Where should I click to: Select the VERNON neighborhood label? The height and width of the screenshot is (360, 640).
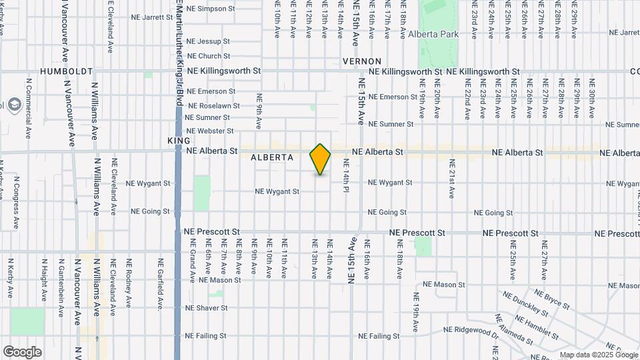361,61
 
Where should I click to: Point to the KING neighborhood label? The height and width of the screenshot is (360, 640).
179,141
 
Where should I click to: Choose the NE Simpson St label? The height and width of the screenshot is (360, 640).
211,9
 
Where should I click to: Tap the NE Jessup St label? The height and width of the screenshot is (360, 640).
209,41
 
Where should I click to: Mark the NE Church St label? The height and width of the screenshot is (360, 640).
209,56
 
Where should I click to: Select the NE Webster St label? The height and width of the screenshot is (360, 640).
210,131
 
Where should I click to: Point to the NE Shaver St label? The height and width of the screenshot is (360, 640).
207,308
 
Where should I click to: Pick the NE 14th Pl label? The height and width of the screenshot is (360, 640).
347,179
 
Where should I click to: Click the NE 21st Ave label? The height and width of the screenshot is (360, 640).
451,179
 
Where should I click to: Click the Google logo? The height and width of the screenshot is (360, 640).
22,351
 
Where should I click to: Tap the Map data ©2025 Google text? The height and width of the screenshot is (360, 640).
599,355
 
